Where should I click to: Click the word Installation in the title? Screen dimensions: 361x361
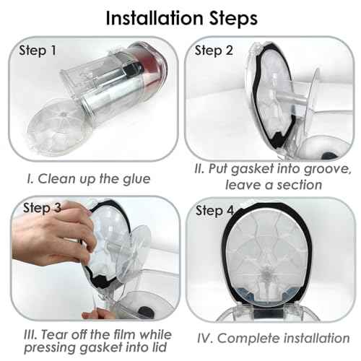point(155,18)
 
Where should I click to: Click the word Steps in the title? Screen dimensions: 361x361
point(233,19)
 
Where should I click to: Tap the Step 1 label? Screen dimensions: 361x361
point(38,51)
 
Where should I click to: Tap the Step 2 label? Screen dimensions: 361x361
point(214,51)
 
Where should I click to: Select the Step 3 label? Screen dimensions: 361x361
point(42,207)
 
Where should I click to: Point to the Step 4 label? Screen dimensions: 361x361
point(214,211)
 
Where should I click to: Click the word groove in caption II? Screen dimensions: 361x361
point(327,170)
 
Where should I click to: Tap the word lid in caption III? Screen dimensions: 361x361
point(160,347)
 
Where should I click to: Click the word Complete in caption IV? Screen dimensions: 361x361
point(248,339)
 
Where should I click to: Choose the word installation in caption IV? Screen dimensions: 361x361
point(316,338)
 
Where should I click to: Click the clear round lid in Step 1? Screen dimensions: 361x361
point(59,127)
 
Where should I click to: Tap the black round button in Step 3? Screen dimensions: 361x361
point(146,312)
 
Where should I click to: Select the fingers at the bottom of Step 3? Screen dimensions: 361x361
point(96,314)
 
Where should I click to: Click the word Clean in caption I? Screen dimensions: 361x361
point(56,179)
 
